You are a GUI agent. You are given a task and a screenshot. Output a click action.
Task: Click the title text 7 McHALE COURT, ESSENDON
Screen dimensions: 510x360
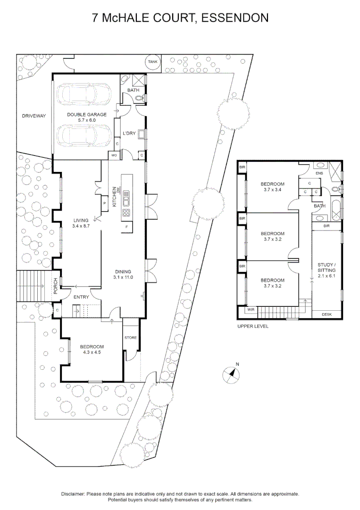coord(180,18)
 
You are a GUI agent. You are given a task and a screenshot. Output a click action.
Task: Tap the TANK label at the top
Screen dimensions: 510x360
coord(152,62)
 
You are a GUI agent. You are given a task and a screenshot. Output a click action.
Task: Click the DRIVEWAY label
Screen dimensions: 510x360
coord(33,116)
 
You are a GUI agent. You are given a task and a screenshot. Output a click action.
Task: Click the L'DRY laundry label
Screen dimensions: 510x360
coord(129,133)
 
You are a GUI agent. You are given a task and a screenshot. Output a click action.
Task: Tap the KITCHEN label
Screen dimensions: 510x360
coord(114,196)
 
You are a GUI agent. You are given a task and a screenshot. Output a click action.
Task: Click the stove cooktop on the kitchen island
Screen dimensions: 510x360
coord(126,212)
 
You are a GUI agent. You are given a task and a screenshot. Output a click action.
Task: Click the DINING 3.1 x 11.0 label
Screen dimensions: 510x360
coord(123,274)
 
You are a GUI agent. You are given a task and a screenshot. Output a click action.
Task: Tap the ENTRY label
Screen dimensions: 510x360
coord(81,297)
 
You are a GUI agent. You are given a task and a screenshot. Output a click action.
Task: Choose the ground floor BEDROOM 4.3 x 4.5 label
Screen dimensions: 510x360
coord(93,349)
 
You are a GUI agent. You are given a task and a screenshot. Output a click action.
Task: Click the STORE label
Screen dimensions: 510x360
coord(130,338)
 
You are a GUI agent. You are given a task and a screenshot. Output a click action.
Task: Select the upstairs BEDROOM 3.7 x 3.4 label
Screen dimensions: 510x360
coord(272,187)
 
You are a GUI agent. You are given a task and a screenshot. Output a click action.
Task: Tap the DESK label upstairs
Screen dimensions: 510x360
coord(327,314)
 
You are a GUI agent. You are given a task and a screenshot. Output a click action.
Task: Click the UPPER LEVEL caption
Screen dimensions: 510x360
coord(253,326)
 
